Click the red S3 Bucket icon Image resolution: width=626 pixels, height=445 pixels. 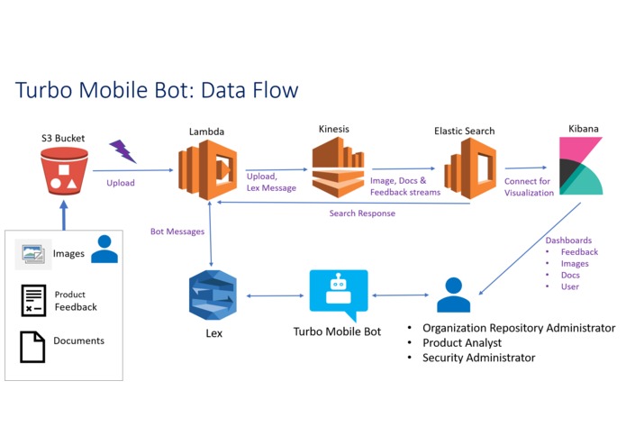pyautogui.click(x=62, y=173)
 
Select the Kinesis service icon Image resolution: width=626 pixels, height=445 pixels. pyautogui.click(x=338, y=168)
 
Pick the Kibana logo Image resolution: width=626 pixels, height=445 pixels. pyautogui.click(x=580, y=167)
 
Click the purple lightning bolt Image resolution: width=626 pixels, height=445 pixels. pyautogui.click(x=122, y=150)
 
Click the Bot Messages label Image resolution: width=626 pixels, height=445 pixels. pyautogui.click(x=177, y=232)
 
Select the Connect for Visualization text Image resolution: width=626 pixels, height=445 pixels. pyautogui.click(x=529, y=186)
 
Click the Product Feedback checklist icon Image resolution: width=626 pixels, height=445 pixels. pyautogui.click(x=33, y=301)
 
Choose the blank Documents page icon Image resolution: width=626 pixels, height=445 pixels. pyautogui.click(x=33, y=346)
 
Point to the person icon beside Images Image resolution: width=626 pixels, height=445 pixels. pyautogui.click(x=104, y=250)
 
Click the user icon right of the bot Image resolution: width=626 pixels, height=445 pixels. pyautogui.click(x=453, y=295)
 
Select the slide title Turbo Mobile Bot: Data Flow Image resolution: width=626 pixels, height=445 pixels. pyautogui.click(x=157, y=90)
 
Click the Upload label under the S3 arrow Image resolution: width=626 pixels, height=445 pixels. pyautogui.click(x=121, y=183)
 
